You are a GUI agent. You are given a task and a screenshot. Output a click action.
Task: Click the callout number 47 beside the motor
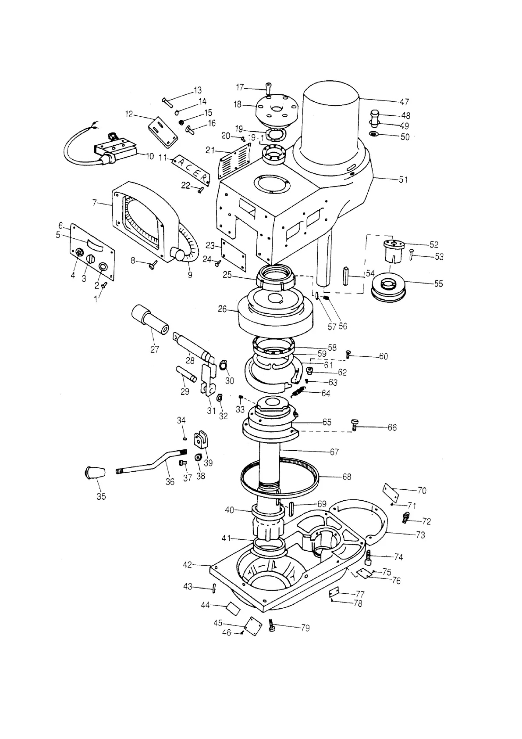[x=404, y=102]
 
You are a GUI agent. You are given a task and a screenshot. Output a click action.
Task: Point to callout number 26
[x=222, y=309]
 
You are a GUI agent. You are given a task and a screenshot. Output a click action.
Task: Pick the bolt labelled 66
[x=355, y=424]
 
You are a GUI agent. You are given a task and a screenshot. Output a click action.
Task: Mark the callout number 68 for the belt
[x=347, y=477]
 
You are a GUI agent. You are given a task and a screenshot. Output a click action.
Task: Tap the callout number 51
[x=403, y=179]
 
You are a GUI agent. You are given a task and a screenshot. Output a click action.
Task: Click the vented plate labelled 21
[x=234, y=158]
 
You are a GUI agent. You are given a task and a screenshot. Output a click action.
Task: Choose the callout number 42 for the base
[x=187, y=565]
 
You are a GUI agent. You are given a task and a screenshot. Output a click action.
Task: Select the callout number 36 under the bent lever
[x=170, y=481]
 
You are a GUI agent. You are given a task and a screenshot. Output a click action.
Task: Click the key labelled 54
[x=346, y=276]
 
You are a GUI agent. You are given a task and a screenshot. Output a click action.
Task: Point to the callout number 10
[x=150, y=156]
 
